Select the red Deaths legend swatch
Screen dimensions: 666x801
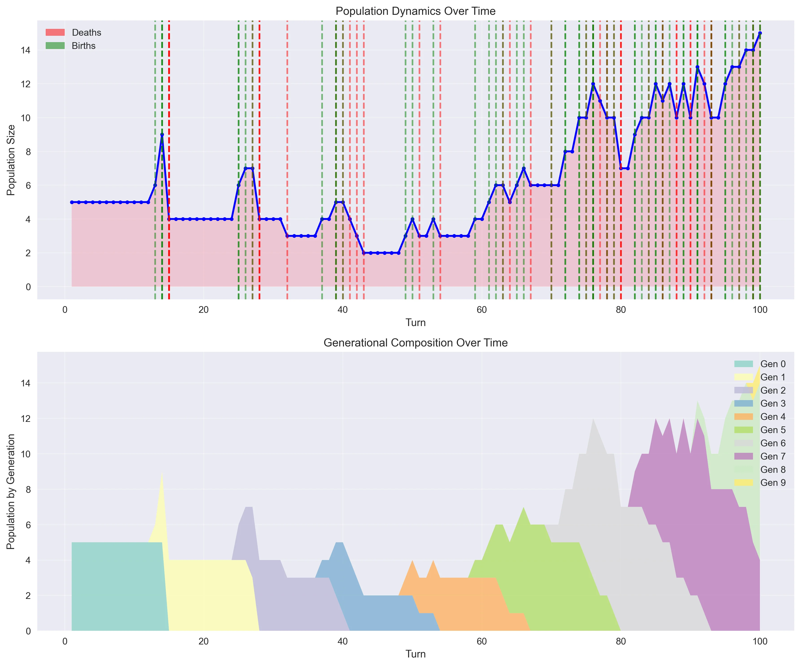click(x=55, y=32)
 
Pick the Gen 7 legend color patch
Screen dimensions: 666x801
click(x=743, y=456)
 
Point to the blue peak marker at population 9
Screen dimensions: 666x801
click(x=162, y=135)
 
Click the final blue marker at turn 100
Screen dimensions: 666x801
click(x=760, y=33)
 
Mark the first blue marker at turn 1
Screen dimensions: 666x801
click(x=72, y=202)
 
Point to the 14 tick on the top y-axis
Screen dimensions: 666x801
click(x=26, y=50)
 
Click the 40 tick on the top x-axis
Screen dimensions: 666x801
click(x=343, y=310)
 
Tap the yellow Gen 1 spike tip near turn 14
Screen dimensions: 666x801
click(x=162, y=473)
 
